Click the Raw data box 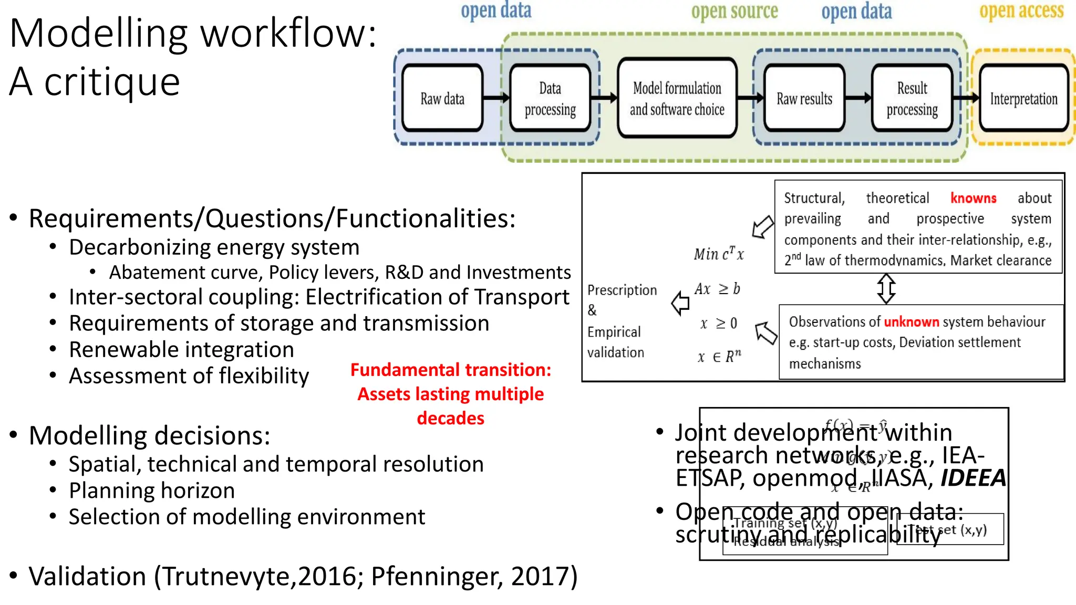click(x=442, y=98)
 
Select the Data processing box click(x=550, y=98)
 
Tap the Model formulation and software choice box click(x=677, y=98)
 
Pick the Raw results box click(x=804, y=98)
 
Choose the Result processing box click(x=912, y=98)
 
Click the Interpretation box click(x=1023, y=98)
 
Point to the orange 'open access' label click(x=1021, y=11)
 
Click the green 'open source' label click(x=734, y=11)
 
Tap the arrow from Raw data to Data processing click(x=496, y=97)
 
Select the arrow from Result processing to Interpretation click(x=966, y=97)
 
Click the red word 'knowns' click(x=973, y=198)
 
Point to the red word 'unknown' click(x=911, y=321)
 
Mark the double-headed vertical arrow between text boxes click(x=886, y=288)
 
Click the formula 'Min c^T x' click(x=718, y=254)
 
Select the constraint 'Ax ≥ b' click(x=717, y=289)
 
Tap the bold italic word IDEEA click(x=972, y=478)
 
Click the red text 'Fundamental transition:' click(x=450, y=370)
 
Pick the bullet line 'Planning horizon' click(x=152, y=491)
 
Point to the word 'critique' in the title click(x=112, y=82)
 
